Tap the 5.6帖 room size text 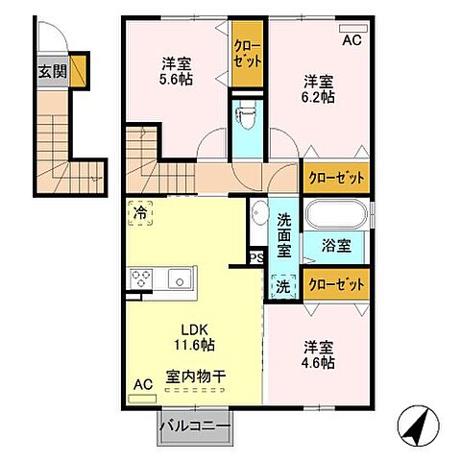click(176, 78)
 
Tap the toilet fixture click(246, 120)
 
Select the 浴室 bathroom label click(336, 245)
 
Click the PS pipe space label click(256, 257)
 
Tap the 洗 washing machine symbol click(284, 285)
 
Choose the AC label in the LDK click(142, 385)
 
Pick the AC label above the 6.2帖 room click(352, 40)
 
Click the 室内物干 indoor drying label click(195, 376)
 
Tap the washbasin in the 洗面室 click(257, 213)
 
